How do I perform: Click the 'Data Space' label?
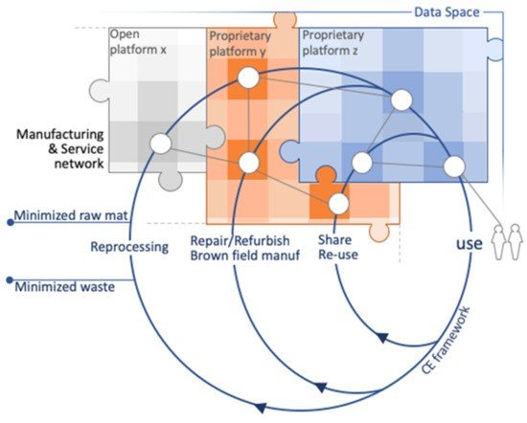pyautogui.click(x=447, y=12)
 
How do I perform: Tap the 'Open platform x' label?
pyautogui.click(x=138, y=42)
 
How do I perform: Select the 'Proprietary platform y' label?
pyautogui.click(x=240, y=44)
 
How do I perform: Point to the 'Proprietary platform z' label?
pyautogui.click(x=333, y=43)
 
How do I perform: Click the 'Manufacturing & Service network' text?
pyautogui.click(x=60, y=148)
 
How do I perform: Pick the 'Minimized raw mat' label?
pyautogui.click(x=71, y=215)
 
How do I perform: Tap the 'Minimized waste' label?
pyautogui.click(x=65, y=287)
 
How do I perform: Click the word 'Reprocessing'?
pyautogui.click(x=129, y=247)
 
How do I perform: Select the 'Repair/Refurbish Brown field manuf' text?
pyautogui.click(x=245, y=248)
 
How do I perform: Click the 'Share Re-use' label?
pyautogui.click(x=338, y=247)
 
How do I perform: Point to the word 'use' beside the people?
pyautogui.click(x=470, y=244)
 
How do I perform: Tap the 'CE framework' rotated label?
pyautogui.click(x=446, y=340)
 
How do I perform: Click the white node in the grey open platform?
pyautogui.click(x=161, y=144)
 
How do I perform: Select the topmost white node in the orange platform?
pyautogui.click(x=248, y=78)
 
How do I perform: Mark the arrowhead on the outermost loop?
pyautogui.click(x=260, y=407)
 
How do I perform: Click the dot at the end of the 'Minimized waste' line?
pyautogui.click(x=11, y=279)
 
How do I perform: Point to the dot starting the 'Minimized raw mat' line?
pyautogui.click(x=11, y=222)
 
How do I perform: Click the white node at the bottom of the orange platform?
pyautogui.click(x=338, y=204)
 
